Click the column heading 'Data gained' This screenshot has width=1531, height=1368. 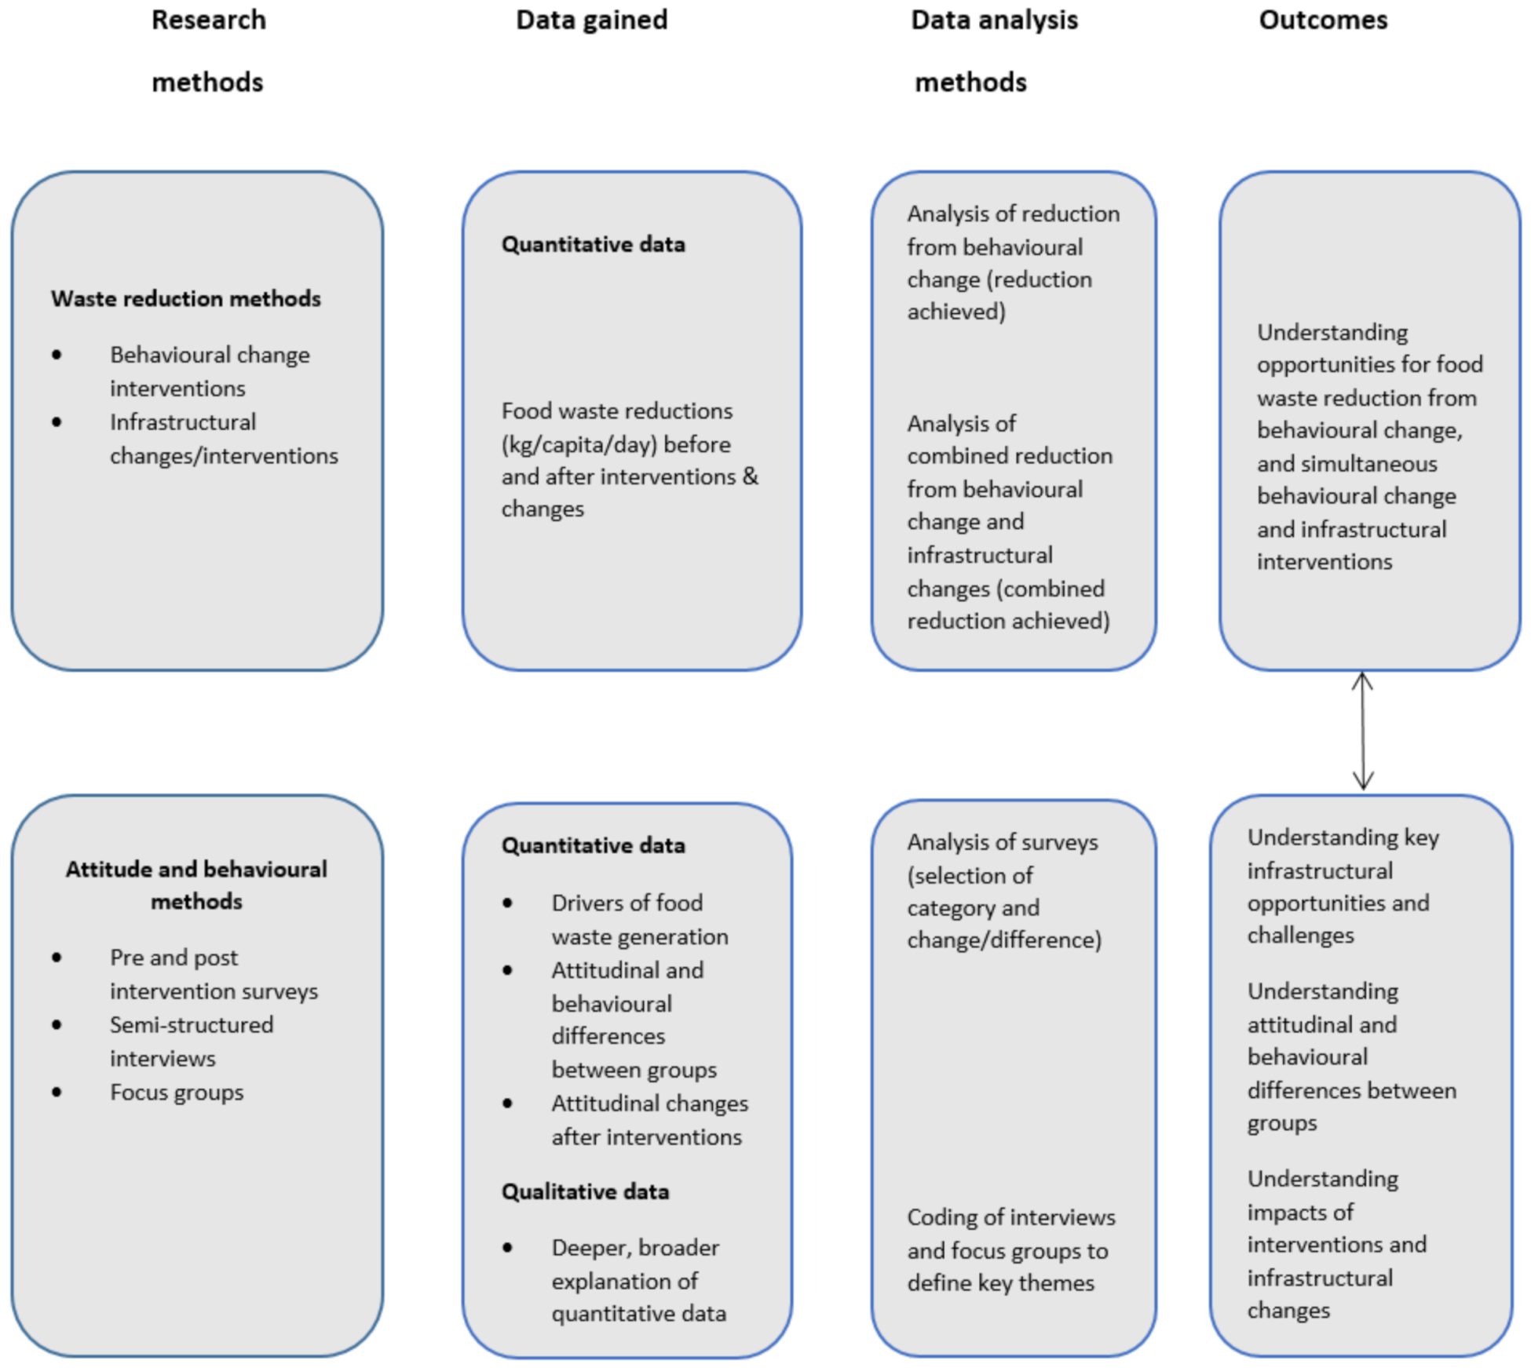point(591,20)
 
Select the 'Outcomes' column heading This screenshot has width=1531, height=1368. point(1323,20)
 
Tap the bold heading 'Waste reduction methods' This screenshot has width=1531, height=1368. point(185,298)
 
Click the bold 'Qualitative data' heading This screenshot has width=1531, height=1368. point(585,1191)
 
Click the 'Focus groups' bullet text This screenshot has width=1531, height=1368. point(177,1093)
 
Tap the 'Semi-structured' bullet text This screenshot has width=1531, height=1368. point(192,1025)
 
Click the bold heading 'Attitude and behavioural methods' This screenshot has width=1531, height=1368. point(196,885)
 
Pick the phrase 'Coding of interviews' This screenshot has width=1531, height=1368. point(1011,1217)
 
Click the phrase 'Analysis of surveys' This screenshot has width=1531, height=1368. point(1003,842)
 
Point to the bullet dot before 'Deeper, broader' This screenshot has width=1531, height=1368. point(508,1247)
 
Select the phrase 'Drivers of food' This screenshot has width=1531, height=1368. point(627,903)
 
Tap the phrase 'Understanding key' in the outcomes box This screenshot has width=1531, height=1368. point(1343,837)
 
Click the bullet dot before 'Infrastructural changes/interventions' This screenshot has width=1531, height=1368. point(57,422)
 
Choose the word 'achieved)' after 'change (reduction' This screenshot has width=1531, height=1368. point(956,312)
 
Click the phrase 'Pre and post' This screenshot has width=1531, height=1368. point(174,958)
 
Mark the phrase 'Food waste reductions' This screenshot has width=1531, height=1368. point(617,410)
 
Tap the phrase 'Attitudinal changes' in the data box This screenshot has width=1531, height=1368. point(649,1104)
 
